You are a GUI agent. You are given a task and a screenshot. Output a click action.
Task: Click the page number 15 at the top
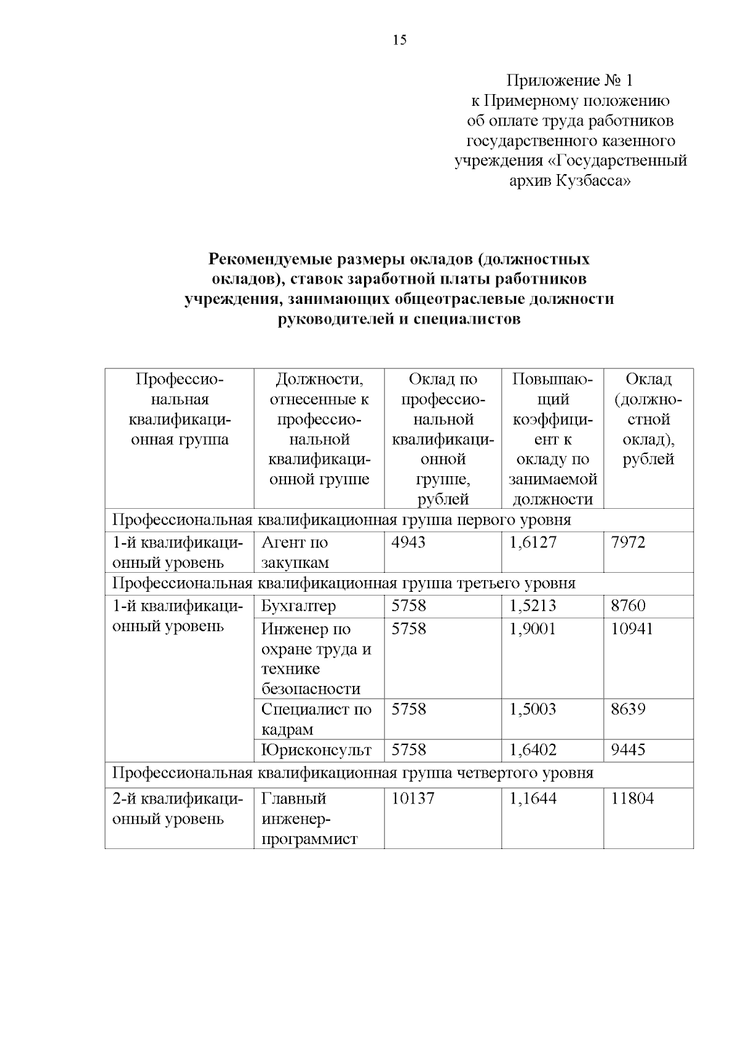tap(399, 41)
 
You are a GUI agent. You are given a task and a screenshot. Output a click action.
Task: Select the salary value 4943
tap(408, 543)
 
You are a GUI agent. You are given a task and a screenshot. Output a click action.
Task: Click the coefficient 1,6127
tap(533, 543)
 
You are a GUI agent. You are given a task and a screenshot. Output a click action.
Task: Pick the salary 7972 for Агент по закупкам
tap(628, 543)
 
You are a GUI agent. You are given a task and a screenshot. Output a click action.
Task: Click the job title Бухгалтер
tap(298, 606)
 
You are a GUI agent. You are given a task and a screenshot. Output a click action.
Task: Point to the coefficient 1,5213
tap(533, 606)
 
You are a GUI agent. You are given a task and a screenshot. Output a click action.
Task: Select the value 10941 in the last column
tap(632, 629)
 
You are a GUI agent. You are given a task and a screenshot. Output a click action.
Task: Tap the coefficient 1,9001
tap(533, 629)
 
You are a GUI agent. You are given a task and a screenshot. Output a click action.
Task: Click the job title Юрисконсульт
tap(316, 750)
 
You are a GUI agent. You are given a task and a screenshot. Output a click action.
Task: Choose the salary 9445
tap(628, 750)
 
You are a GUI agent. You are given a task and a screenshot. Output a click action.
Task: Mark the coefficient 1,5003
tap(533, 709)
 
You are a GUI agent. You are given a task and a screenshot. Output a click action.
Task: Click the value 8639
tap(628, 709)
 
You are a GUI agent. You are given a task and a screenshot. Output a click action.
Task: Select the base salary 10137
tap(413, 799)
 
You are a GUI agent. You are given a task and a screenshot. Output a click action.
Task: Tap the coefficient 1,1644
tap(533, 799)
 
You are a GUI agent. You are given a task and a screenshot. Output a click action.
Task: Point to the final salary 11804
tap(632, 799)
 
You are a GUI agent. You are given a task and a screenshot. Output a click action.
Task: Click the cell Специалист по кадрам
tap(316, 719)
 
